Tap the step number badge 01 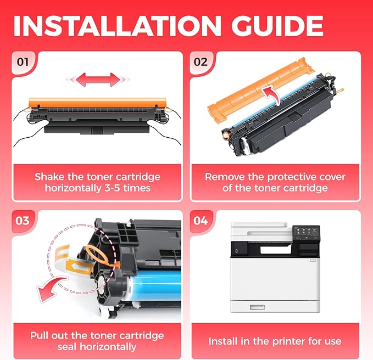[23, 61]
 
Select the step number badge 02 [201, 61]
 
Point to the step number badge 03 [23, 221]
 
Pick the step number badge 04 [201, 221]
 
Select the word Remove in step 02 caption [225, 177]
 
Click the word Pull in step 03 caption [42, 335]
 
